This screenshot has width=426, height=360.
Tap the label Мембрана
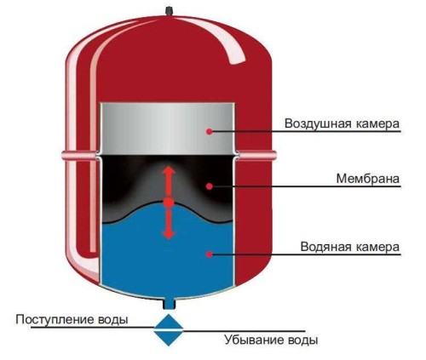pyautogui.click(x=368, y=179)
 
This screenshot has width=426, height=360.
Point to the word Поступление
pyautogui.click(x=55, y=320)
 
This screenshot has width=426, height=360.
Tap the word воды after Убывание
pyautogui.click(x=302, y=340)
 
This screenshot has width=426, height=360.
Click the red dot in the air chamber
pyautogui.click(x=210, y=132)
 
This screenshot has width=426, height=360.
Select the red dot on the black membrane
pyautogui.click(x=210, y=186)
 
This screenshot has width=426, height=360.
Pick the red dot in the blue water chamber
pyautogui.click(x=210, y=254)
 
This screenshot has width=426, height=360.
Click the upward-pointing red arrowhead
pyautogui.click(x=169, y=169)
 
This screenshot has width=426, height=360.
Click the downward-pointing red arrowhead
pyautogui.click(x=169, y=234)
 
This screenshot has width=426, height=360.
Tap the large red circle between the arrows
pyautogui.click(x=169, y=203)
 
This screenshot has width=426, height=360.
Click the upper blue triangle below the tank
pyautogui.click(x=169, y=322)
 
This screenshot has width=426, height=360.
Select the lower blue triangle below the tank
pyautogui.click(x=169, y=339)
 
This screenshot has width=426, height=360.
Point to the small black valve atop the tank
pyautogui.click(x=169, y=11)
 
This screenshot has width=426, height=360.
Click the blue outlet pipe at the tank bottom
pyautogui.click(x=169, y=304)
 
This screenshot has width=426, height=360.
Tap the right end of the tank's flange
pyautogui.click(x=275, y=155)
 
